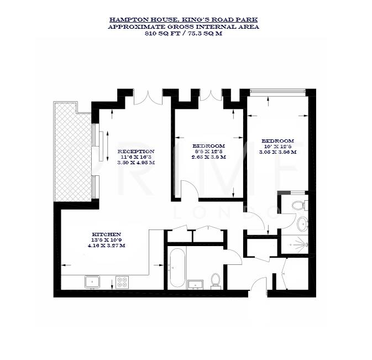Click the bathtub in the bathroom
177,268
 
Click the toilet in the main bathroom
216,280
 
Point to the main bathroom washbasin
195,284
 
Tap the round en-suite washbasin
302,224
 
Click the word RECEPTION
135,151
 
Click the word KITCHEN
107,234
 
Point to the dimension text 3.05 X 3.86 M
277,152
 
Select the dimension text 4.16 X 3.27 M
107,245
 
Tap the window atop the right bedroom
277,91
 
